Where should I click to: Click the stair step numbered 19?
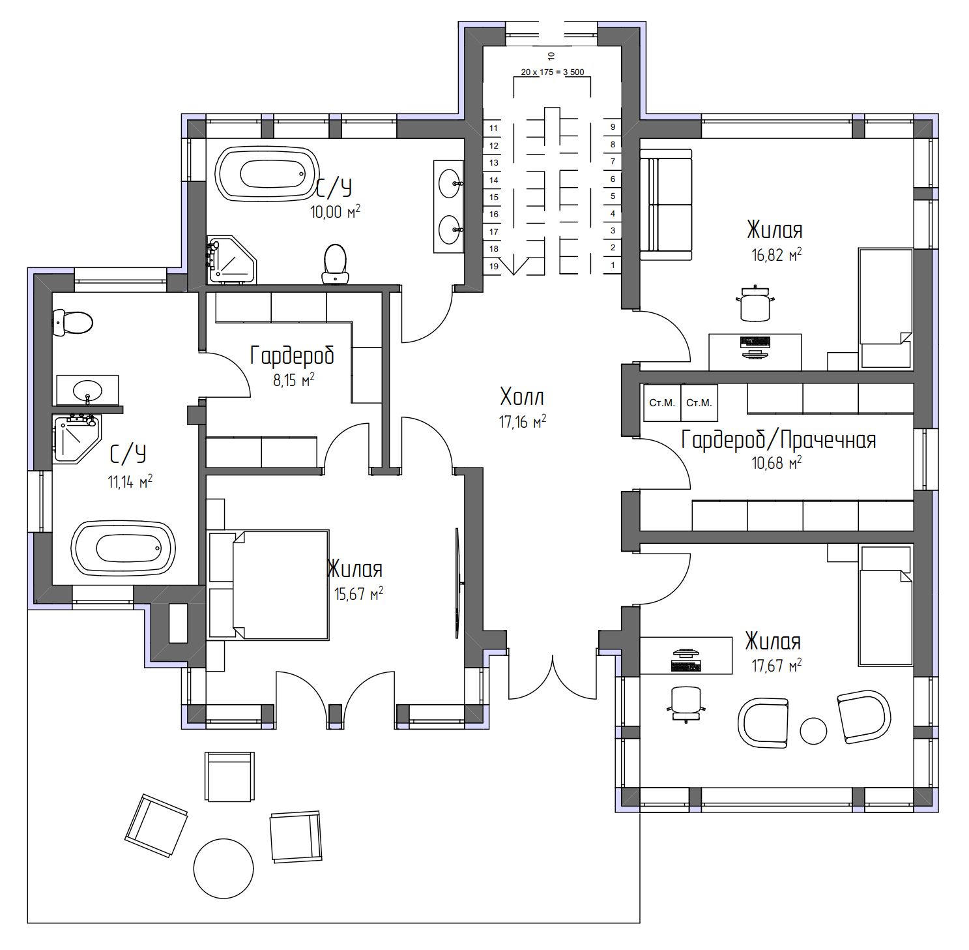tap(493, 266)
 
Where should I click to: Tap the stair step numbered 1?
tap(613, 265)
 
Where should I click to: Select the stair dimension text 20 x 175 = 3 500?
tap(553, 72)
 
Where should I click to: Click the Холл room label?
tap(522, 396)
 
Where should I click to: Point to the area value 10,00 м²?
tap(335, 212)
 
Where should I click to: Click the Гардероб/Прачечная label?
tap(779, 440)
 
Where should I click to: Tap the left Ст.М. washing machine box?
tap(662, 403)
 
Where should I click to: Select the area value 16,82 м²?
tap(777, 255)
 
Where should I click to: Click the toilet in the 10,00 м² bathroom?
tap(336, 263)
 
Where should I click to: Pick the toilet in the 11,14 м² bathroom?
tap(72, 323)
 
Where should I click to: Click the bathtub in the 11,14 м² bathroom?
tap(123, 548)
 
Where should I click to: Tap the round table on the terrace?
tap(224, 868)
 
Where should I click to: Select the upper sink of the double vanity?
tap(450, 183)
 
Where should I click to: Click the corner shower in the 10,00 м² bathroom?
tap(231, 260)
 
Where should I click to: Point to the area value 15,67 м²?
tap(359, 594)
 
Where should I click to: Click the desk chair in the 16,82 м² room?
tap(755, 304)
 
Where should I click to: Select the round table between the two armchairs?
tap(813, 731)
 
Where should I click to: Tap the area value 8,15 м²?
tap(294, 380)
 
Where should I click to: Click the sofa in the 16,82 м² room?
tap(666, 205)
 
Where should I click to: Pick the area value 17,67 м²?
tap(777, 666)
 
